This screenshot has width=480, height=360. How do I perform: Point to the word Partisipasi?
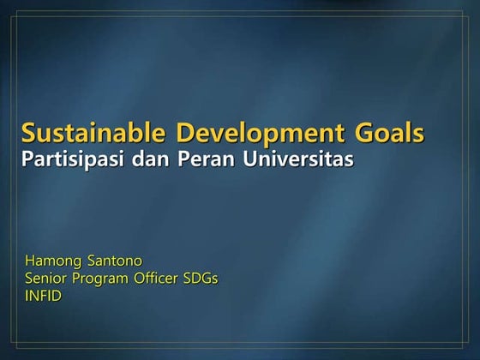[72, 159]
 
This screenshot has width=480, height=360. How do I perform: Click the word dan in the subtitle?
[149, 159]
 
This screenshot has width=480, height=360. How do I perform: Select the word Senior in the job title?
[45, 278]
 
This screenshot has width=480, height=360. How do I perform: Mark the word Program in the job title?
[99, 279]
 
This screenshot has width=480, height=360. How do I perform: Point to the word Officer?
[159, 278]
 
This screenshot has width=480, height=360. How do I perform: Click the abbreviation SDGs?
[202, 278]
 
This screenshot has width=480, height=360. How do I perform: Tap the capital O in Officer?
[138, 278]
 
